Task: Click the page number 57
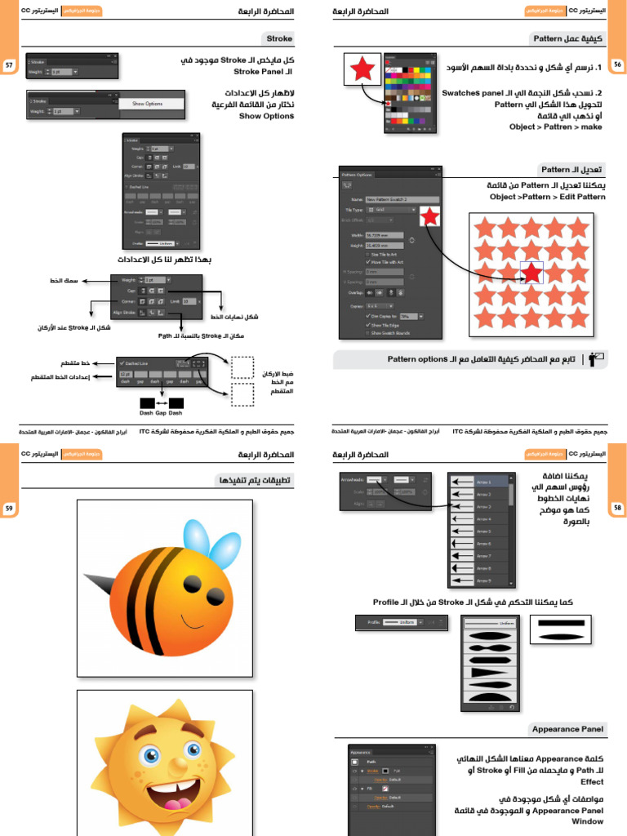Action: tap(9, 64)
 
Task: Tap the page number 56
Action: tap(617, 64)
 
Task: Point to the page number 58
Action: tap(617, 508)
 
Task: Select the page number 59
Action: tap(9, 508)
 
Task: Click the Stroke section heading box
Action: tap(279, 38)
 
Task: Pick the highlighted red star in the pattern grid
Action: tap(531, 272)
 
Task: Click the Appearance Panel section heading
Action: tap(567, 728)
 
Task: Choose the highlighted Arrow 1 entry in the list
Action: tap(481, 482)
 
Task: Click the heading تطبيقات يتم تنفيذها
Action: tap(254, 479)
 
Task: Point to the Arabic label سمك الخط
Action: tap(62, 281)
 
